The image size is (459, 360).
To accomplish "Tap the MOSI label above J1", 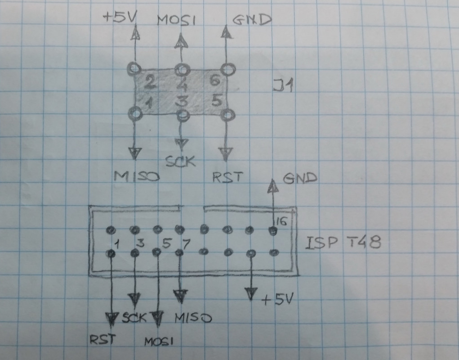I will point(176,20).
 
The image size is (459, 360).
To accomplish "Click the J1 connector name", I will point(283,85).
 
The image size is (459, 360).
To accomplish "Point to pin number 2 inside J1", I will point(151,82).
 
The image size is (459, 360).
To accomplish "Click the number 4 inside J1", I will point(182,84).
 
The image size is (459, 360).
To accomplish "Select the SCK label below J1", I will point(181,161).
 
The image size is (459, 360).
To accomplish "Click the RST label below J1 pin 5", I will point(227,177).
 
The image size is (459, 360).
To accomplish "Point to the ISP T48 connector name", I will point(343,243).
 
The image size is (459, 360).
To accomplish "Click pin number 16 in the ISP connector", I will point(281,220).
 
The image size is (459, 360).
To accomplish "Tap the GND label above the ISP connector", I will point(300,178).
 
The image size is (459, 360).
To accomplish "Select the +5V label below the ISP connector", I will point(278,299).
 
